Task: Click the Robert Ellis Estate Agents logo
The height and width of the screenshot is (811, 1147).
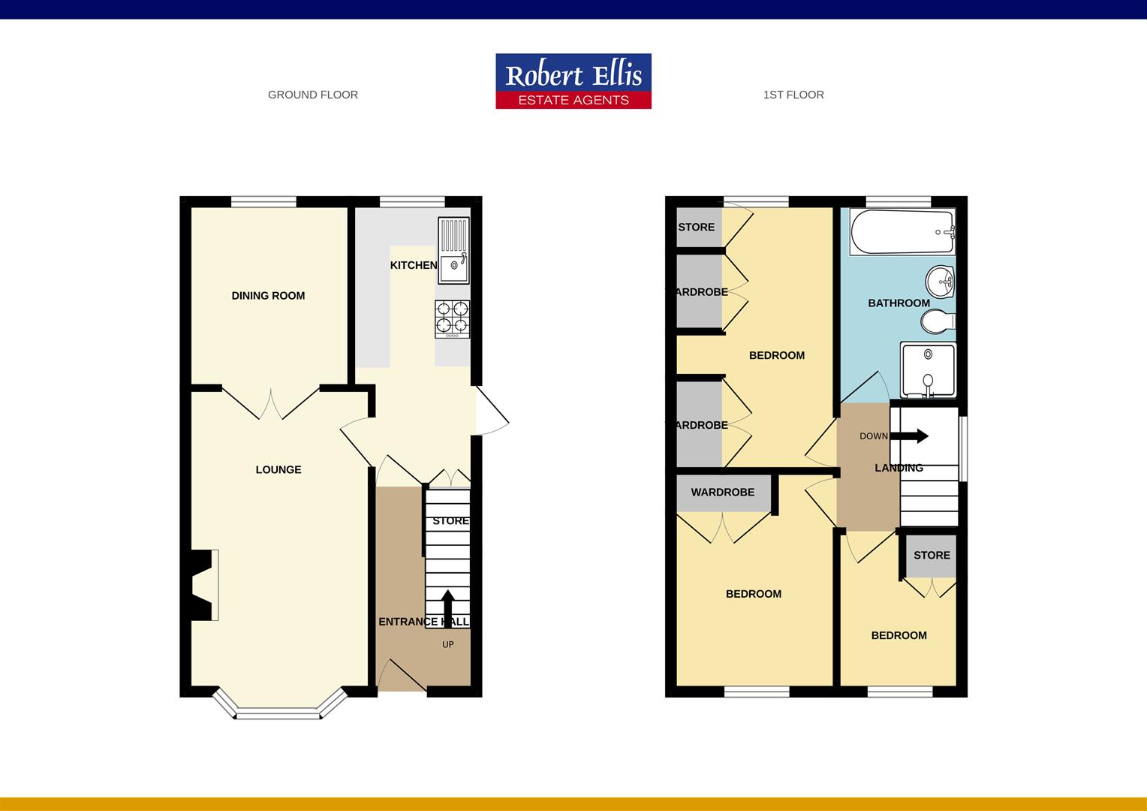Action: (573, 81)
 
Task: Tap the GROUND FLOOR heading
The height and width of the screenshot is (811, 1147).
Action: (313, 95)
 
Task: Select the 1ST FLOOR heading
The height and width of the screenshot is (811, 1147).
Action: (793, 95)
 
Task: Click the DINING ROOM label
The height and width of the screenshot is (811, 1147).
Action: (268, 296)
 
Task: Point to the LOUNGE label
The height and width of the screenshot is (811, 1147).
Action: (278, 470)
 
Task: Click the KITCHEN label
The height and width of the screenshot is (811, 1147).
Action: (414, 265)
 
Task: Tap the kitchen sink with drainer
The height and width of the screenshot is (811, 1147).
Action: (453, 251)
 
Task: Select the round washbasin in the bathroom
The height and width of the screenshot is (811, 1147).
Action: (940, 282)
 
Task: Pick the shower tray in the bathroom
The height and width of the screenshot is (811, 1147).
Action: (928, 369)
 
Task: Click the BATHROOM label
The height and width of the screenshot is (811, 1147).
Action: (899, 303)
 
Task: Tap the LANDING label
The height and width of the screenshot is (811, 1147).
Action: (899, 468)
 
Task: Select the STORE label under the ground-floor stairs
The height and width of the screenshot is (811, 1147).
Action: (450, 521)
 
